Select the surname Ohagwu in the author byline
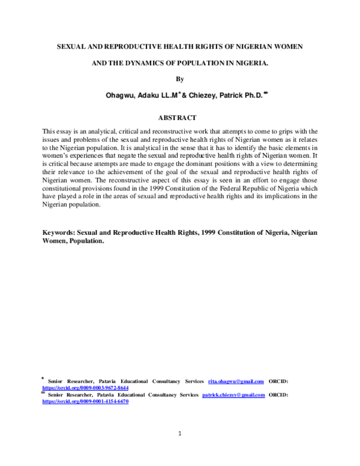[121, 94]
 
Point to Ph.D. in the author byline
[248, 94]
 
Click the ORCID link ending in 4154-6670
[85, 402]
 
